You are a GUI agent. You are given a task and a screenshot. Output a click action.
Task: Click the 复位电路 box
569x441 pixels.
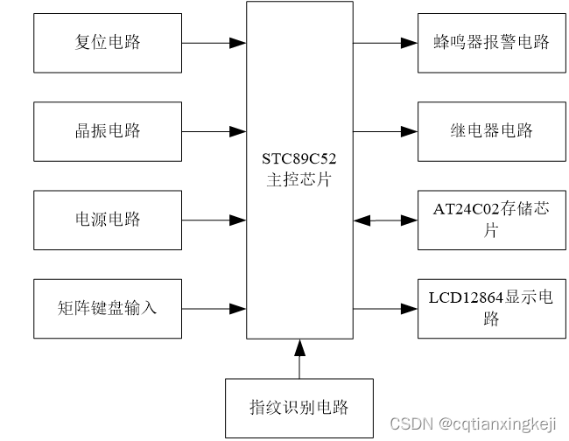point(108,42)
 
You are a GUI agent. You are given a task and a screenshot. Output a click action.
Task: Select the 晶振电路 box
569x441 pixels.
point(108,131)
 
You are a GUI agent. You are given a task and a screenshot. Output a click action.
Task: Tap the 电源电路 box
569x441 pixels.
point(108,220)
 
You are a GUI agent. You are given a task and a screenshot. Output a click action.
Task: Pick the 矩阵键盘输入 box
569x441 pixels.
point(108,308)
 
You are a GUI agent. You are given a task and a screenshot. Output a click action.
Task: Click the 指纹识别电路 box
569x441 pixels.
point(299,408)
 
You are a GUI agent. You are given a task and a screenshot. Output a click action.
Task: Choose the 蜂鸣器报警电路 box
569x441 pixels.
point(491,42)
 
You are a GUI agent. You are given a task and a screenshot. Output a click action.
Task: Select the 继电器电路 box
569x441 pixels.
point(491,131)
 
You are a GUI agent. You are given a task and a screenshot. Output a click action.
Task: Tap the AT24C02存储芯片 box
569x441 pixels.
point(491,220)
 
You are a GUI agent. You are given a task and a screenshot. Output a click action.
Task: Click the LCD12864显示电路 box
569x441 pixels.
point(491,308)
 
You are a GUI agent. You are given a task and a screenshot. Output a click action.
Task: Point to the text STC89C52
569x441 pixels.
point(299,160)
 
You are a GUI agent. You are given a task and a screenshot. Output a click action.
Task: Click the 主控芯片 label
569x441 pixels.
point(299,180)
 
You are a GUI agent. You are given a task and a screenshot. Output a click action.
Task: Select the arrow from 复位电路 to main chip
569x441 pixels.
point(214,42)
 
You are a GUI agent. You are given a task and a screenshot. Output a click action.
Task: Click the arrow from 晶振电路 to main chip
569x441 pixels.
point(214,131)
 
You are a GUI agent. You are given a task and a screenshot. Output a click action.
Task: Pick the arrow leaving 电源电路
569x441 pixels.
point(214,220)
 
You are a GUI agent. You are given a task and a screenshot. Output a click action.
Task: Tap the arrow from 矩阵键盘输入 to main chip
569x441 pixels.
point(214,308)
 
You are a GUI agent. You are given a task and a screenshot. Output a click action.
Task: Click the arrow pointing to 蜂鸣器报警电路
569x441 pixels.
point(385,42)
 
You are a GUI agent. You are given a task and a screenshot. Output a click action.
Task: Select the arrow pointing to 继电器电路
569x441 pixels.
point(385,131)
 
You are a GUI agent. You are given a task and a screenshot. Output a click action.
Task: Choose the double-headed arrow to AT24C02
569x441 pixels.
point(385,220)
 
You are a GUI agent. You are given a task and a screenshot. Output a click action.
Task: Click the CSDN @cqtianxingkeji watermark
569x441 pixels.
point(473,423)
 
